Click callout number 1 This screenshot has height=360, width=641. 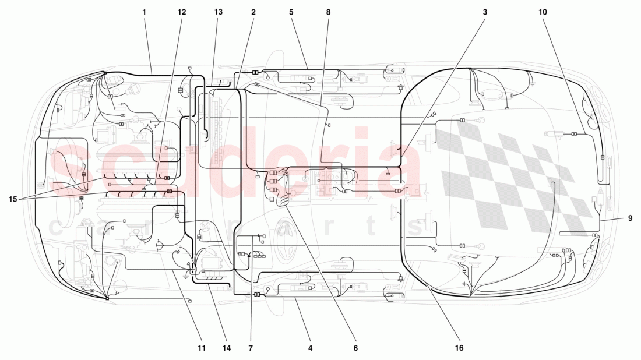[x=144, y=12]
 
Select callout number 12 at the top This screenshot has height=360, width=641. [x=182, y=12]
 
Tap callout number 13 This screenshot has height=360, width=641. [x=218, y=12]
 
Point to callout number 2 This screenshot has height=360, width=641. [x=253, y=12]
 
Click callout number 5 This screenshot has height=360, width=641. [x=291, y=12]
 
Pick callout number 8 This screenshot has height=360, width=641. [x=328, y=12]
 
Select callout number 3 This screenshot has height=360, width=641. [x=484, y=12]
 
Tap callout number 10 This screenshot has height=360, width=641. [x=543, y=12]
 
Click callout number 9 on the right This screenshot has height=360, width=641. [x=630, y=218]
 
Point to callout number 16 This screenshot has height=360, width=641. [x=459, y=348]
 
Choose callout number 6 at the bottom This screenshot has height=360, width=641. [x=355, y=348]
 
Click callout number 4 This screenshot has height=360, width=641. [x=311, y=348]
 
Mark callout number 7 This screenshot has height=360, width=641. [x=251, y=348]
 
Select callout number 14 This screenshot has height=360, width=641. [x=226, y=348]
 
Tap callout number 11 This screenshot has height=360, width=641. [x=201, y=348]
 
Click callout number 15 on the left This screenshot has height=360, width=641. [x=12, y=199]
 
